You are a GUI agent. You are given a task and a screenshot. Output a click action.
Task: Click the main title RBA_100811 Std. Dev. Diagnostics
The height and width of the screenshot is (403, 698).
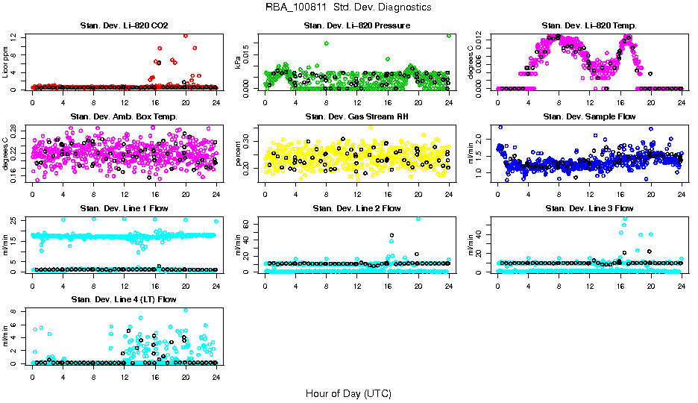[348, 7]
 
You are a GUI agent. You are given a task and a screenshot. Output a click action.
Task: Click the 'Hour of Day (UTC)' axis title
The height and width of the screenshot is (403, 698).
[348, 393]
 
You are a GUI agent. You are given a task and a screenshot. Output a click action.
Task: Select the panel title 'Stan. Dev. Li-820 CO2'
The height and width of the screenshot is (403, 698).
[124, 26]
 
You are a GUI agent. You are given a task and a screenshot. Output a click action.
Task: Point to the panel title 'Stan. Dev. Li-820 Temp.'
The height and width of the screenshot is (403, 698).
[589, 26]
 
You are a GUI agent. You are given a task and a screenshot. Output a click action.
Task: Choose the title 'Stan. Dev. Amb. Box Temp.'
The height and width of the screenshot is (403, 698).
[124, 116]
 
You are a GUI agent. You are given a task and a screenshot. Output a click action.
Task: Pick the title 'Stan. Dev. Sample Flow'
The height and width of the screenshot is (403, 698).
[589, 116]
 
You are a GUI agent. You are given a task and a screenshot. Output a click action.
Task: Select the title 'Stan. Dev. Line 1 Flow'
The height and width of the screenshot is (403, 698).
[124, 208]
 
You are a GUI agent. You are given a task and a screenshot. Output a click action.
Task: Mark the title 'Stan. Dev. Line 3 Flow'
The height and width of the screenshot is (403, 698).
[589, 208]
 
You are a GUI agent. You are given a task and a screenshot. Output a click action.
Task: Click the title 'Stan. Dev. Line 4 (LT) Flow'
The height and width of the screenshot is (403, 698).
[124, 299]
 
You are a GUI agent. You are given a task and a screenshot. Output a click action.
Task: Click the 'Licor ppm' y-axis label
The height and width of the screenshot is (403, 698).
[6, 63]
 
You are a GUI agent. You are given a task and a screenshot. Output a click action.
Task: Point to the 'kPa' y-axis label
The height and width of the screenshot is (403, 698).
[239, 63]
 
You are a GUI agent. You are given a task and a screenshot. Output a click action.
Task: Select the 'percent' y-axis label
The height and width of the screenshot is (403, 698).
[239, 154]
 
